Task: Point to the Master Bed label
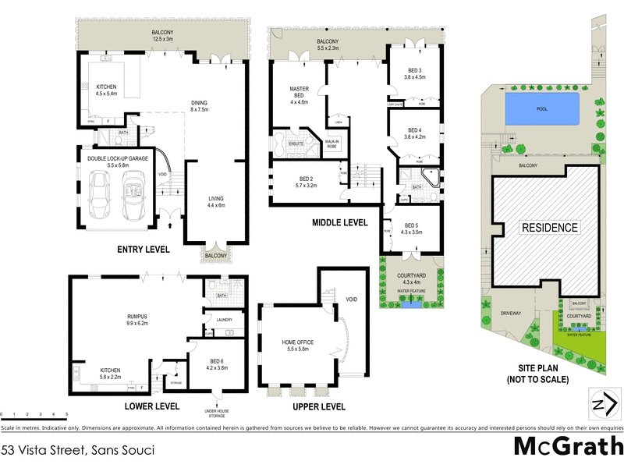click(x=300, y=93)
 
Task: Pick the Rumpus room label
click(x=137, y=316)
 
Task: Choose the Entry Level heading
click(x=144, y=249)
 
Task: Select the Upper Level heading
click(x=317, y=406)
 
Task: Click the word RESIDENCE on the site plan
click(x=550, y=228)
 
